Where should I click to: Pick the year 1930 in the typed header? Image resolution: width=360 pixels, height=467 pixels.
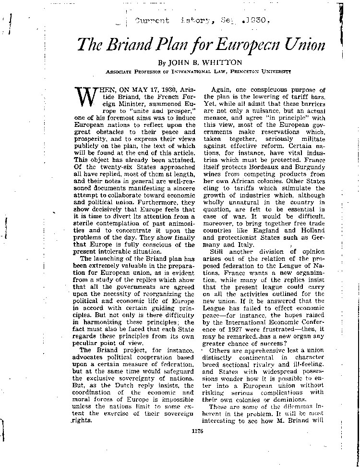pyautogui.click(x=259, y=22)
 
